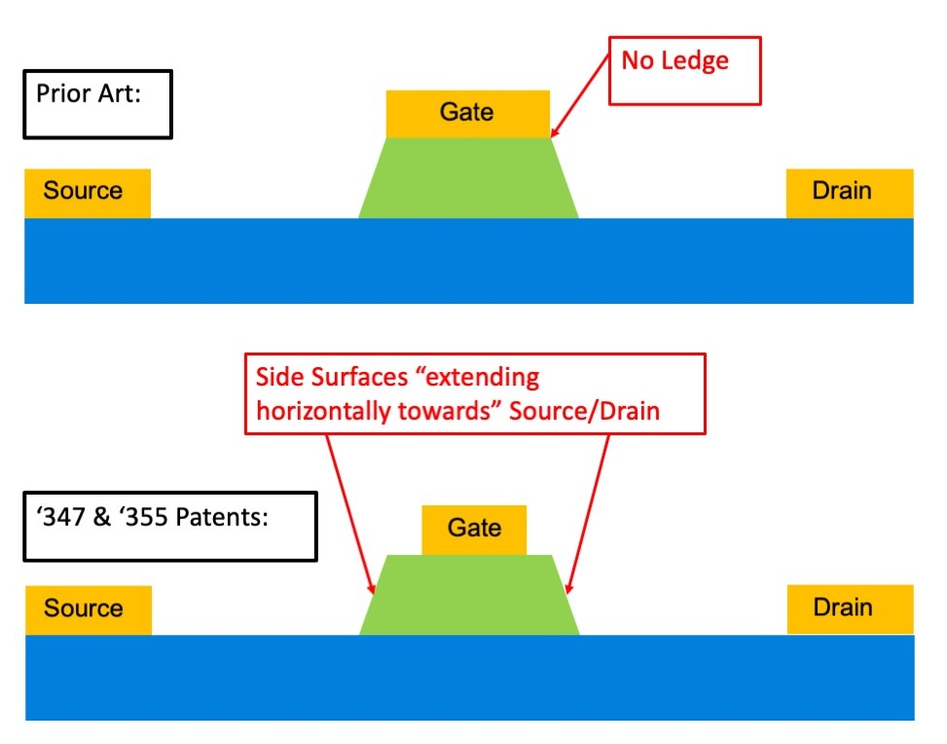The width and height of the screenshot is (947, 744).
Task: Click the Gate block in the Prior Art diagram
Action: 468,114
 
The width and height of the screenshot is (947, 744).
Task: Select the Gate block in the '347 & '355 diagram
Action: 474,530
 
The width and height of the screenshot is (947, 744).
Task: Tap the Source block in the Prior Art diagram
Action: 88,194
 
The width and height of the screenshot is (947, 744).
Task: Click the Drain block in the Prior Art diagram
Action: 850,194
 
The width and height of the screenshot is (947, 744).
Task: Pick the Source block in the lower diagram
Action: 89,611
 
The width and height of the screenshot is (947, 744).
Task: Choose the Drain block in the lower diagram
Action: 851,610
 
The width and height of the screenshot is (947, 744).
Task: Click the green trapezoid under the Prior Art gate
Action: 468,178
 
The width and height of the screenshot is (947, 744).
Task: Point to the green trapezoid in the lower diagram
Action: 469,595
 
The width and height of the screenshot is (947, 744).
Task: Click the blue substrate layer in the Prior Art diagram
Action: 469,261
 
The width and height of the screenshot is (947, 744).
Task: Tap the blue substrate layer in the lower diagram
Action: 470,678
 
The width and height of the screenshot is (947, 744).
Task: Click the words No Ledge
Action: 675,61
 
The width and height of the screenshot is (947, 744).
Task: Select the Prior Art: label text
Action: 89,93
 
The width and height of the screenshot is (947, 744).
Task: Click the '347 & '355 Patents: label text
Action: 152,517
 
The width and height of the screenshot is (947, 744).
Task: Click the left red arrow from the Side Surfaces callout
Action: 351,514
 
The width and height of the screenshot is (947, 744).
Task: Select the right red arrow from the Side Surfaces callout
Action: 588,514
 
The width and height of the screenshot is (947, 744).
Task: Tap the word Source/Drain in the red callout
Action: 584,412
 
